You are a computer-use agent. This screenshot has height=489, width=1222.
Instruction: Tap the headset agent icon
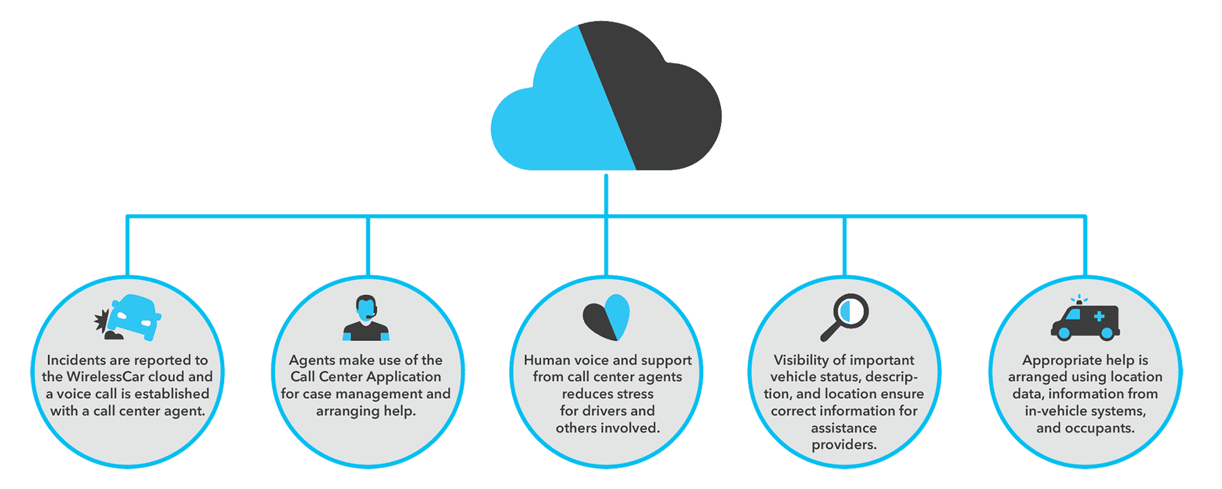pos(366,317)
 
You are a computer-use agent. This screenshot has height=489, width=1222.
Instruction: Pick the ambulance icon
pos(1085,321)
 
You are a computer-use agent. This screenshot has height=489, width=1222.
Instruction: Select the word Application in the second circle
pos(404,377)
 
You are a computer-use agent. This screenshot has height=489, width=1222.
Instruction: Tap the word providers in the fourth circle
pos(844,445)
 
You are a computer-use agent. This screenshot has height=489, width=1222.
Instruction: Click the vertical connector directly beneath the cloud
pos(606,193)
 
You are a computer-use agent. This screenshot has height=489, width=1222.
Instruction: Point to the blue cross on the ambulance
pos(1099,316)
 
